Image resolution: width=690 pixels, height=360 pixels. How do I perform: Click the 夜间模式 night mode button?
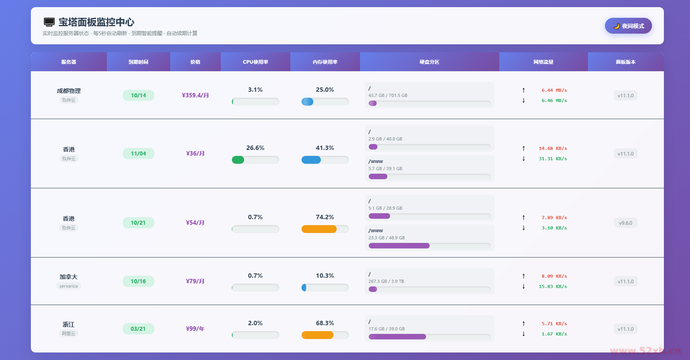[628, 26]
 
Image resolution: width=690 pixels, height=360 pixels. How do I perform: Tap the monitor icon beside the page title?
[49, 22]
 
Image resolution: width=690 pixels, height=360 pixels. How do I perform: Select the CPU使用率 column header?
[255, 62]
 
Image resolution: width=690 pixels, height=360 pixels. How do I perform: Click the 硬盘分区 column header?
[429, 62]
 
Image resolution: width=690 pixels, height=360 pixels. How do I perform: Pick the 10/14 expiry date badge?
[138, 95]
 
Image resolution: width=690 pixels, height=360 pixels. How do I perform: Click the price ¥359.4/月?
[195, 95]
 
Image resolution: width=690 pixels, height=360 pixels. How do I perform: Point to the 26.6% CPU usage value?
[255, 148]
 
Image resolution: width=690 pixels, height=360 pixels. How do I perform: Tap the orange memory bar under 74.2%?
[319, 229]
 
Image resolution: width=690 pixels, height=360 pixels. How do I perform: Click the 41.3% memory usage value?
[325, 148]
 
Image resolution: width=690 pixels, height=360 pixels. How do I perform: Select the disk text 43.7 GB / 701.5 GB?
[388, 95]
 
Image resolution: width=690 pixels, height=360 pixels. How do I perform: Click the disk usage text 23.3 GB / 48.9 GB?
[387, 238]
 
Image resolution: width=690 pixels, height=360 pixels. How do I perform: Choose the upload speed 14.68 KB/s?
[553, 148]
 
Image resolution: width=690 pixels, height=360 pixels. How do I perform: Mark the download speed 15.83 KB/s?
[553, 286]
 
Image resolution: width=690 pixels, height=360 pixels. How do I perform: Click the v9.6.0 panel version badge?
[626, 223]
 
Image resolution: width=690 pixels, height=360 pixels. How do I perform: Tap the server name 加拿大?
[68, 277]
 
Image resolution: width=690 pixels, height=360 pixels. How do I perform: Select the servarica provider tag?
[68, 286]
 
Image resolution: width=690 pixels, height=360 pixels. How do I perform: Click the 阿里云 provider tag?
[68, 333]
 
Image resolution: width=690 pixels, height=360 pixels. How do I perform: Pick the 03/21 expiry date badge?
[138, 329]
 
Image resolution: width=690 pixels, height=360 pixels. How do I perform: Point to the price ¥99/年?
[195, 329]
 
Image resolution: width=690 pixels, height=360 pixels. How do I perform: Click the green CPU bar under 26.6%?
[238, 160]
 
